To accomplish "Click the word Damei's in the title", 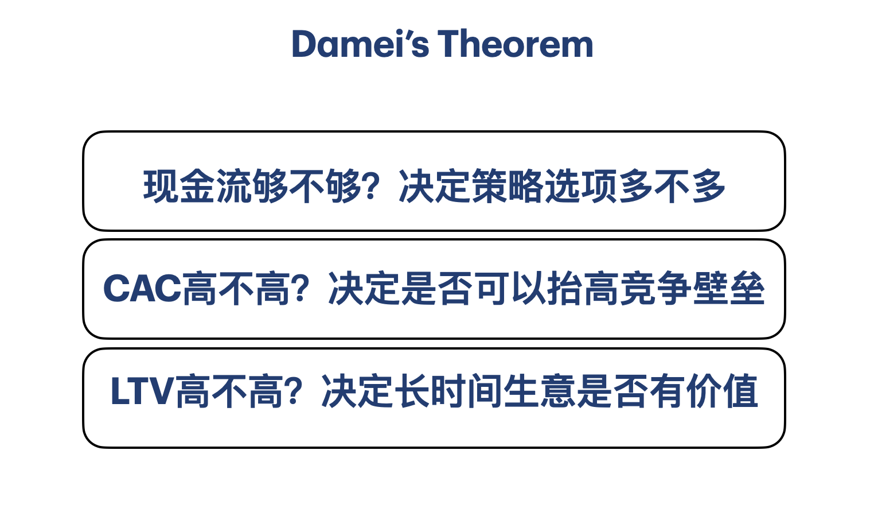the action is [x=361, y=44].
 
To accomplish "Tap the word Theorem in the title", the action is [x=515, y=44].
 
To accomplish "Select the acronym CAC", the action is [x=142, y=289].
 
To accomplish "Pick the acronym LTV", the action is [x=142, y=391].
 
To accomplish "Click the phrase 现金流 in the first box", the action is [x=198, y=186].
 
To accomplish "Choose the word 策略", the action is [x=508, y=186].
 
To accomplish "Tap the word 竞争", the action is [x=656, y=289].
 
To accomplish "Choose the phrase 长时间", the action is [x=448, y=391].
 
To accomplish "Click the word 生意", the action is [x=539, y=391].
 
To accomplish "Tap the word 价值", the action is [x=722, y=391].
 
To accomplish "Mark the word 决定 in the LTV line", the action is [x=357, y=391].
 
